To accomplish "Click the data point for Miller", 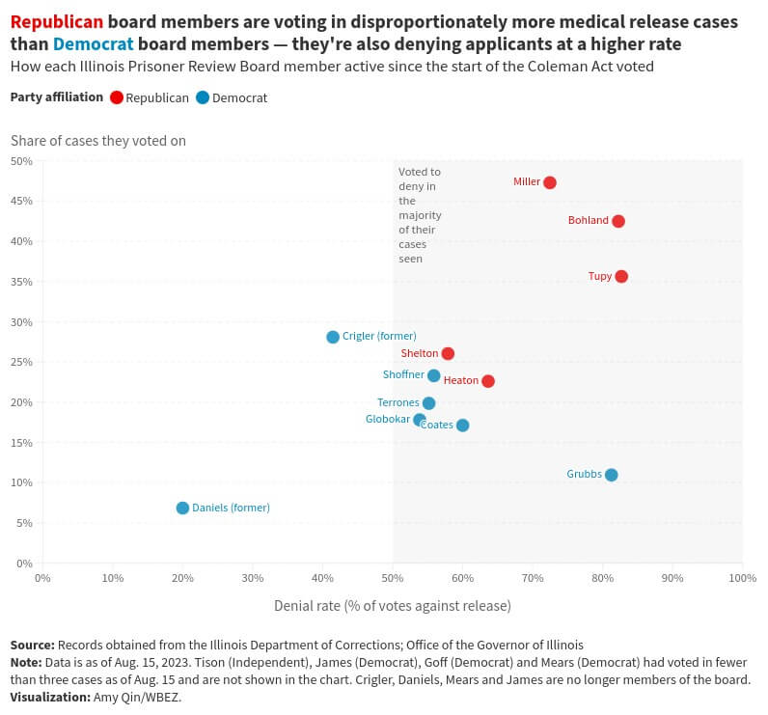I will tap(550, 182).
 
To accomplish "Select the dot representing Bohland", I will tap(618, 221).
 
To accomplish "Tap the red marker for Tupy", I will tap(621, 277).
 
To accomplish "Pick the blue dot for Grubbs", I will tap(611, 475).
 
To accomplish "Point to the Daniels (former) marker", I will tap(182, 508).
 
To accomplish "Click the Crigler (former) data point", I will tap(333, 337).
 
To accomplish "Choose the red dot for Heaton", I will tap(488, 381).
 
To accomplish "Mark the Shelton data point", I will tap(448, 354).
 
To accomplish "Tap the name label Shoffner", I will tap(403, 374).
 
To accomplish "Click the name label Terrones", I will tap(398, 402).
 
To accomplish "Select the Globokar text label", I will tap(388, 419).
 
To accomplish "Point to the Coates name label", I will tap(437, 425).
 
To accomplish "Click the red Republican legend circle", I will tap(117, 97).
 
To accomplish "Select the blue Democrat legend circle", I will tap(203, 97).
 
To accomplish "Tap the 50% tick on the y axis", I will tap(22, 161).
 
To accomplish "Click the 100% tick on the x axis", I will tap(742, 578).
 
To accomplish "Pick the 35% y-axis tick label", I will tap(22, 282).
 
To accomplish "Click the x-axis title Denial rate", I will tap(392, 606).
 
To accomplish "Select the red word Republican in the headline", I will tap(56, 22).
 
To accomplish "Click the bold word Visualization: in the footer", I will tap(49, 697).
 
